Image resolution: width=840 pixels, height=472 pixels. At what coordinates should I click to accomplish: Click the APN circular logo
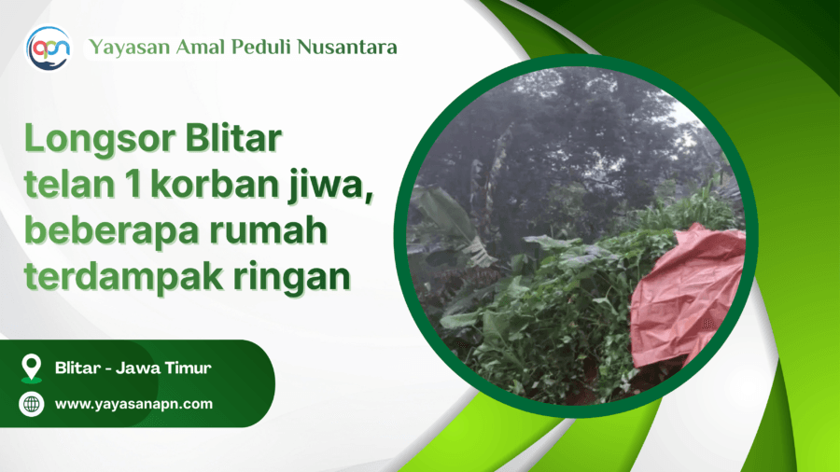pos(49,49)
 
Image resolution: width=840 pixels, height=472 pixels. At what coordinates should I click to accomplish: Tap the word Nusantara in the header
pos(347,47)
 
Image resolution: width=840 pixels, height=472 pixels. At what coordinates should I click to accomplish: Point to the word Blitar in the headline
pos(233,138)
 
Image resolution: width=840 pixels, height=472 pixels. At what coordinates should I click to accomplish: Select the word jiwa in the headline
pos(330,187)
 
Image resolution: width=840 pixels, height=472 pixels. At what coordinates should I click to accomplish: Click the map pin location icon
pos(32,368)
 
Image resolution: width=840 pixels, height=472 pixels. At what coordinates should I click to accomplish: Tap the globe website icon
pos(32,404)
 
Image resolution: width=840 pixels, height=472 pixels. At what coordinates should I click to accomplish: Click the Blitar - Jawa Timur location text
pos(133,368)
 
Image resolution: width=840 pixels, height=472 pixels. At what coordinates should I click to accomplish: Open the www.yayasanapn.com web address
pos(133,404)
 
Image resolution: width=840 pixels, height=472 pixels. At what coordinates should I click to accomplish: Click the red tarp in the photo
pos(689,297)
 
